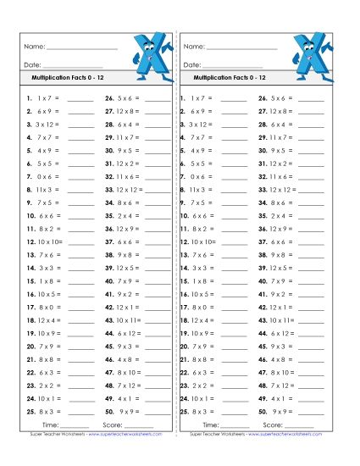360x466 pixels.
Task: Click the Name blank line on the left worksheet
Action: pos(93,47)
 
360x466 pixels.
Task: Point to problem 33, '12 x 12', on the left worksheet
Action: pos(128,190)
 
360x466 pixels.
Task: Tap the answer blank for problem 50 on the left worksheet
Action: pos(158,413)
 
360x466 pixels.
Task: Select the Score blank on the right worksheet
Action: pos(302,425)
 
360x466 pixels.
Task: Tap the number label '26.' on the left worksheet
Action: pos(110,97)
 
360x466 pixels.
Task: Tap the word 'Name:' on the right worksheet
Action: pos(194,46)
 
